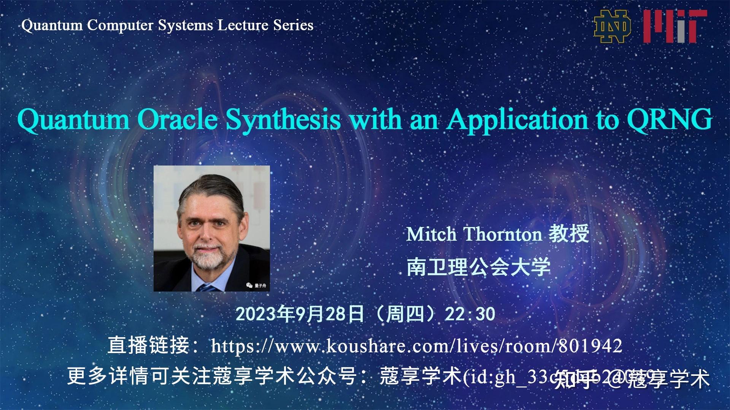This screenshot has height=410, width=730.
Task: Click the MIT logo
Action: point(675,26)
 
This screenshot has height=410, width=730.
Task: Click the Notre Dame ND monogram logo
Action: point(613,26)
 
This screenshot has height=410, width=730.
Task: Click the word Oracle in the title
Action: point(177,120)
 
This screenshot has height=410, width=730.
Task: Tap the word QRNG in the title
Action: point(669,120)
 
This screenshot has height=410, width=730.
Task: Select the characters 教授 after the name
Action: point(569,233)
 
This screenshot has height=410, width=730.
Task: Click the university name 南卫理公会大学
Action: point(478,267)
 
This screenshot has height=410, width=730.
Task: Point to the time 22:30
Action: point(470,314)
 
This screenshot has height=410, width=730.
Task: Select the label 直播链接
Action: point(148,346)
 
